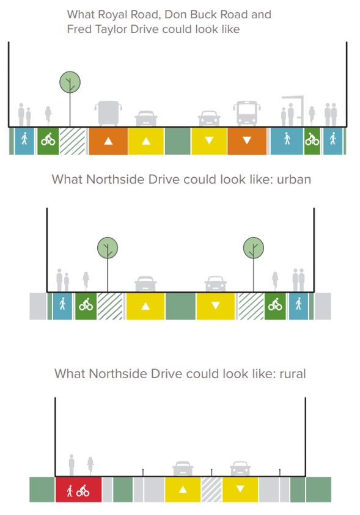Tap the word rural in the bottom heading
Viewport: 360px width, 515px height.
pos(292,374)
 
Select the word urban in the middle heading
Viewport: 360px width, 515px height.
pos(293,180)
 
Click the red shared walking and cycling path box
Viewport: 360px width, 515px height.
pos(78,490)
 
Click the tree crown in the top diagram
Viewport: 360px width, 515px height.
pos(70,82)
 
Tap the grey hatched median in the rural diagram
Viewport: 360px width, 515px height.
pos(211,490)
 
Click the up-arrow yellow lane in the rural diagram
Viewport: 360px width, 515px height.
pos(183,490)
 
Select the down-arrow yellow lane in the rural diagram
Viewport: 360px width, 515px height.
pos(240,490)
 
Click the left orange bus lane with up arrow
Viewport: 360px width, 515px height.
pos(108,141)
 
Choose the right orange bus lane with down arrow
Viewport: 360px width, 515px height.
pos(247,141)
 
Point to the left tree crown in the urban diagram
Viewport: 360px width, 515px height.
pos(108,248)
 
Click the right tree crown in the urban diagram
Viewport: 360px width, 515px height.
pos(254,248)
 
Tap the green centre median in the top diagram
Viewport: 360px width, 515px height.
pos(177,141)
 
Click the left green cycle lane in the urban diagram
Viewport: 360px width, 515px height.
pos(86,306)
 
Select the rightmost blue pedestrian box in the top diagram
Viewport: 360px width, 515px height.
pos(333,141)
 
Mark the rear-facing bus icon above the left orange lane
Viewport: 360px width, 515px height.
pos(108,113)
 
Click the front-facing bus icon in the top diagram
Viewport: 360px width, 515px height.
pos(247,113)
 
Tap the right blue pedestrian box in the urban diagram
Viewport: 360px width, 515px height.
pos(299,306)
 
